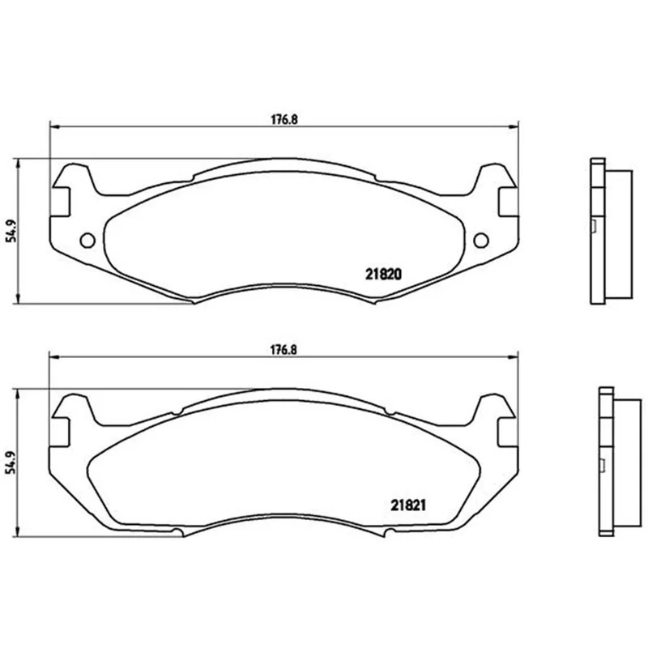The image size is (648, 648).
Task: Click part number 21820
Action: click(x=383, y=274)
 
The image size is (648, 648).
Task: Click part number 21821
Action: click(x=408, y=505)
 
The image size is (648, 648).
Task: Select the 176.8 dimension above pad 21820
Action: click(x=284, y=120)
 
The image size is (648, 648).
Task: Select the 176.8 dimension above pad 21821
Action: click(x=284, y=350)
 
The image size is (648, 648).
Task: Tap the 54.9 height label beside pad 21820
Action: click(x=12, y=231)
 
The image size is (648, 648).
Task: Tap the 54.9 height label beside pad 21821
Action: click(x=12, y=462)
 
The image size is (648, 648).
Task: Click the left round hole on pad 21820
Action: click(x=87, y=240)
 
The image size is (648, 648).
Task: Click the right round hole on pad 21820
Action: click(x=481, y=240)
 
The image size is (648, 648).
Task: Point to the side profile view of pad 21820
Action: click(x=612, y=231)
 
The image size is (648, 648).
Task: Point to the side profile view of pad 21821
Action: click(x=620, y=462)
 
